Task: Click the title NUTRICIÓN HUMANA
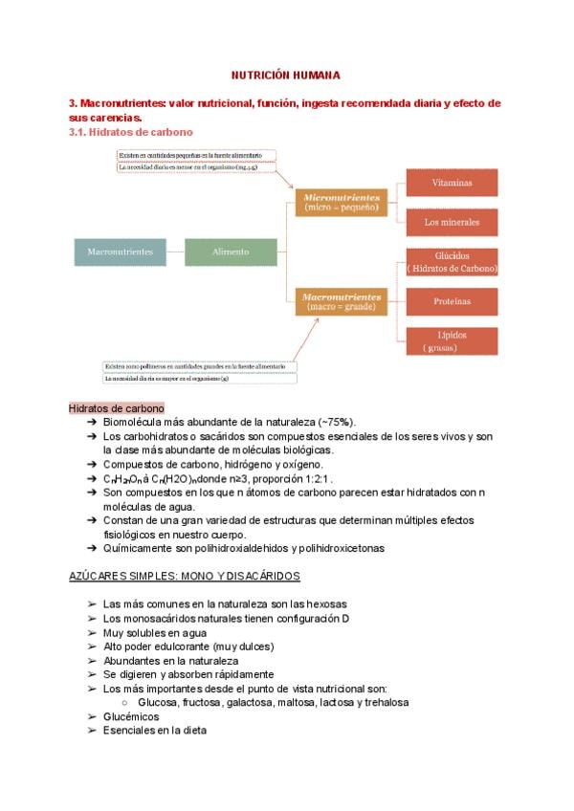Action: (286, 74)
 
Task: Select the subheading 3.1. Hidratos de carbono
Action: (131, 132)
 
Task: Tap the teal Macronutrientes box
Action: (120, 252)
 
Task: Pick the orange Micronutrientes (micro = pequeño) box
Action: (342, 202)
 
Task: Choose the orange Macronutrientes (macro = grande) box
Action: (342, 301)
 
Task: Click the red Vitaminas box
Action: (451, 182)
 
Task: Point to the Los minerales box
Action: (451, 223)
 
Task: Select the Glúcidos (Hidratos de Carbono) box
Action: (451, 262)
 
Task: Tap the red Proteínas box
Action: (451, 301)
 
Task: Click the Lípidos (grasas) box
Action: (451, 341)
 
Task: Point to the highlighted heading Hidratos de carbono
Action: (117, 407)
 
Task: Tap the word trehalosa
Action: (384, 702)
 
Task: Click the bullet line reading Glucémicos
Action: (131, 716)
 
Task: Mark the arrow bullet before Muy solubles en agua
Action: (91, 633)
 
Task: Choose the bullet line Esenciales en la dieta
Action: (154, 731)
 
